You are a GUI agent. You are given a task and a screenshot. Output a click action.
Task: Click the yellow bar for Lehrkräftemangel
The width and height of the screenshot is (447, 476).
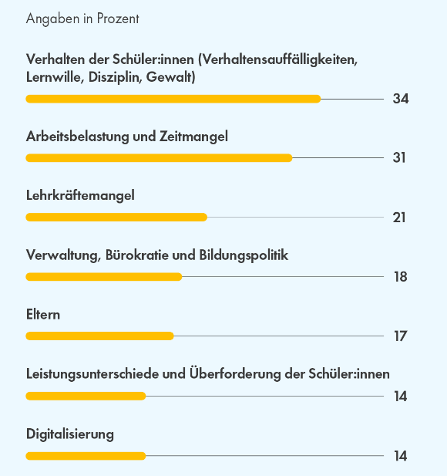click(116, 218)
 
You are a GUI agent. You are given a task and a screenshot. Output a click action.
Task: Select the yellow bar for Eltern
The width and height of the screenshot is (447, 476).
click(99, 336)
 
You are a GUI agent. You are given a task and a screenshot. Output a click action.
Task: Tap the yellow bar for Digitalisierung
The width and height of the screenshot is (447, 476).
click(86, 456)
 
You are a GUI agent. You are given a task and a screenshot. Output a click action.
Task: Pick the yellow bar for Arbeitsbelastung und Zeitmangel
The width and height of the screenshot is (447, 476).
click(159, 158)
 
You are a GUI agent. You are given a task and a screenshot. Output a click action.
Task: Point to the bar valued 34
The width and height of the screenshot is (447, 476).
click(173, 99)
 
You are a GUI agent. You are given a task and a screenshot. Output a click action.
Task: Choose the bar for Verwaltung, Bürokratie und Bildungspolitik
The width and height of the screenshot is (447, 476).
click(104, 277)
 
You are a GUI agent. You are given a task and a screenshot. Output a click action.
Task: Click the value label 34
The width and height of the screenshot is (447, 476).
click(401, 99)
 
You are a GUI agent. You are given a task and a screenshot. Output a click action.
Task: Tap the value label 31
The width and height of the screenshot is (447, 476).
click(399, 158)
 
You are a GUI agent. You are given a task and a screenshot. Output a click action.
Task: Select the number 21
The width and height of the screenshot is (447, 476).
click(399, 218)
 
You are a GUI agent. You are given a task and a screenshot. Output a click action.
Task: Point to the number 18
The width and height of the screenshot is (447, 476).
click(401, 277)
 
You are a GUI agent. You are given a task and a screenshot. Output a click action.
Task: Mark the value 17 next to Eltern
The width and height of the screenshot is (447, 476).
click(400, 336)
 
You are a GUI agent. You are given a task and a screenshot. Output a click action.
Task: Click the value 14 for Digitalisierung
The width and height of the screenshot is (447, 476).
click(400, 456)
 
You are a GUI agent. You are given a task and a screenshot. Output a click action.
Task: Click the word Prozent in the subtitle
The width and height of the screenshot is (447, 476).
click(118, 19)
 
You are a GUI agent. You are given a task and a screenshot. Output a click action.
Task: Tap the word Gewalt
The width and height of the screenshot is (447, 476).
click(171, 77)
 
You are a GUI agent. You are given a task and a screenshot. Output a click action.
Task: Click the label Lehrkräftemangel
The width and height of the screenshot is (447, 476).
click(80, 195)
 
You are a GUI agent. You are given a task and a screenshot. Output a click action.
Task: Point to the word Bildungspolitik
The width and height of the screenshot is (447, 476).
click(244, 255)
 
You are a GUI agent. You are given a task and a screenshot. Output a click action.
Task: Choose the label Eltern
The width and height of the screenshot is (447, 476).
click(43, 315)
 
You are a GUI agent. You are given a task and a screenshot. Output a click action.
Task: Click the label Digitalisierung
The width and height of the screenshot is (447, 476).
click(70, 434)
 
